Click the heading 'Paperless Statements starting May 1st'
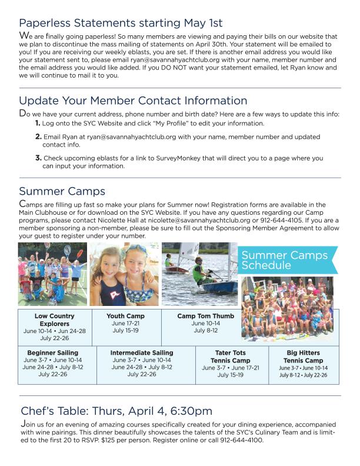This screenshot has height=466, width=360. pyautogui.click(x=121, y=23)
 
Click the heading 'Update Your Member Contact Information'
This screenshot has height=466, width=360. pyautogui.click(x=133, y=101)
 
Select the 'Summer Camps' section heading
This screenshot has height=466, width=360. pyautogui.click(x=62, y=191)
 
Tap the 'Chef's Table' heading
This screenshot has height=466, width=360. pyautogui.click(x=116, y=411)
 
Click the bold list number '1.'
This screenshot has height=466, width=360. pyautogui.click(x=38, y=124)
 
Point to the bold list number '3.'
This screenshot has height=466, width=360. pyautogui.click(x=38, y=158)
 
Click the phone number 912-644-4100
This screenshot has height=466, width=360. pyautogui.click(x=239, y=440)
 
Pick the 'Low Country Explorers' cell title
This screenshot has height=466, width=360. pyautogui.click(x=55, y=320)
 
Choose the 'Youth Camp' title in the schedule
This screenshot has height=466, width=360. pyautogui.click(x=125, y=316)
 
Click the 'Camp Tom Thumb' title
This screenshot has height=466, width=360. pyautogui.click(x=205, y=316)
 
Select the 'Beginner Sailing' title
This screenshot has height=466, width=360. pyautogui.click(x=52, y=352)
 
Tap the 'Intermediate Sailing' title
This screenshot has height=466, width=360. pyautogui.click(x=142, y=352)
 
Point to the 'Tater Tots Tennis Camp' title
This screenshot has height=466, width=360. pyautogui.click(x=232, y=357)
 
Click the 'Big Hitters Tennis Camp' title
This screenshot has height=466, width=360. pyautogui.click(x=303, y=357)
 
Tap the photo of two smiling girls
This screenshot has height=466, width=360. pyautogui.click(x=124, y=274)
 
